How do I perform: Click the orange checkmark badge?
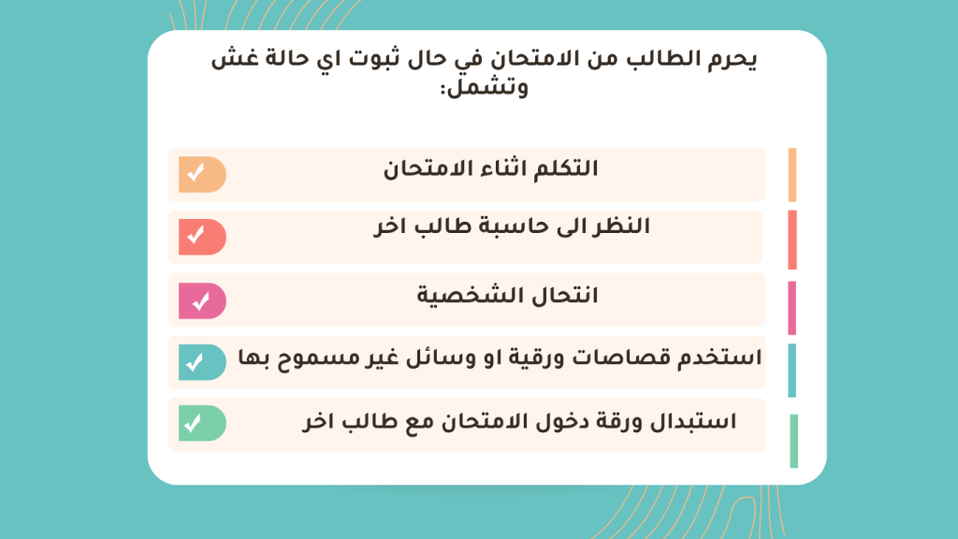pyautogui.click(x=202, y=174)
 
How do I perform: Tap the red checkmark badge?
pyautogui.click(x=202, y=237)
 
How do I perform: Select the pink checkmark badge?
pyautogui.click(x=202, y=300)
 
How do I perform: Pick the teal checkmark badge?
pyautogui.click(x=202, y=362)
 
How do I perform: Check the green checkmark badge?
pyautogui.click(x=202, y=423)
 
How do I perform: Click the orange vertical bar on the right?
pyautogui.click(x=792, y=175)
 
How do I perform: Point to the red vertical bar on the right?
pyautogui.click(x=792, y=240)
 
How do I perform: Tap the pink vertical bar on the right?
pyautogui.click(x=792, y=308)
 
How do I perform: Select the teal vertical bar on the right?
pyautogui.click(x=792, y=371)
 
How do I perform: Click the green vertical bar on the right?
pyautogui.click(x=793, y=442)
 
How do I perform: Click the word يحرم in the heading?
pyautogui.click(x=733, y=60)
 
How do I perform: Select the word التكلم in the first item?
pyautogui.click(x=566, y=168)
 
